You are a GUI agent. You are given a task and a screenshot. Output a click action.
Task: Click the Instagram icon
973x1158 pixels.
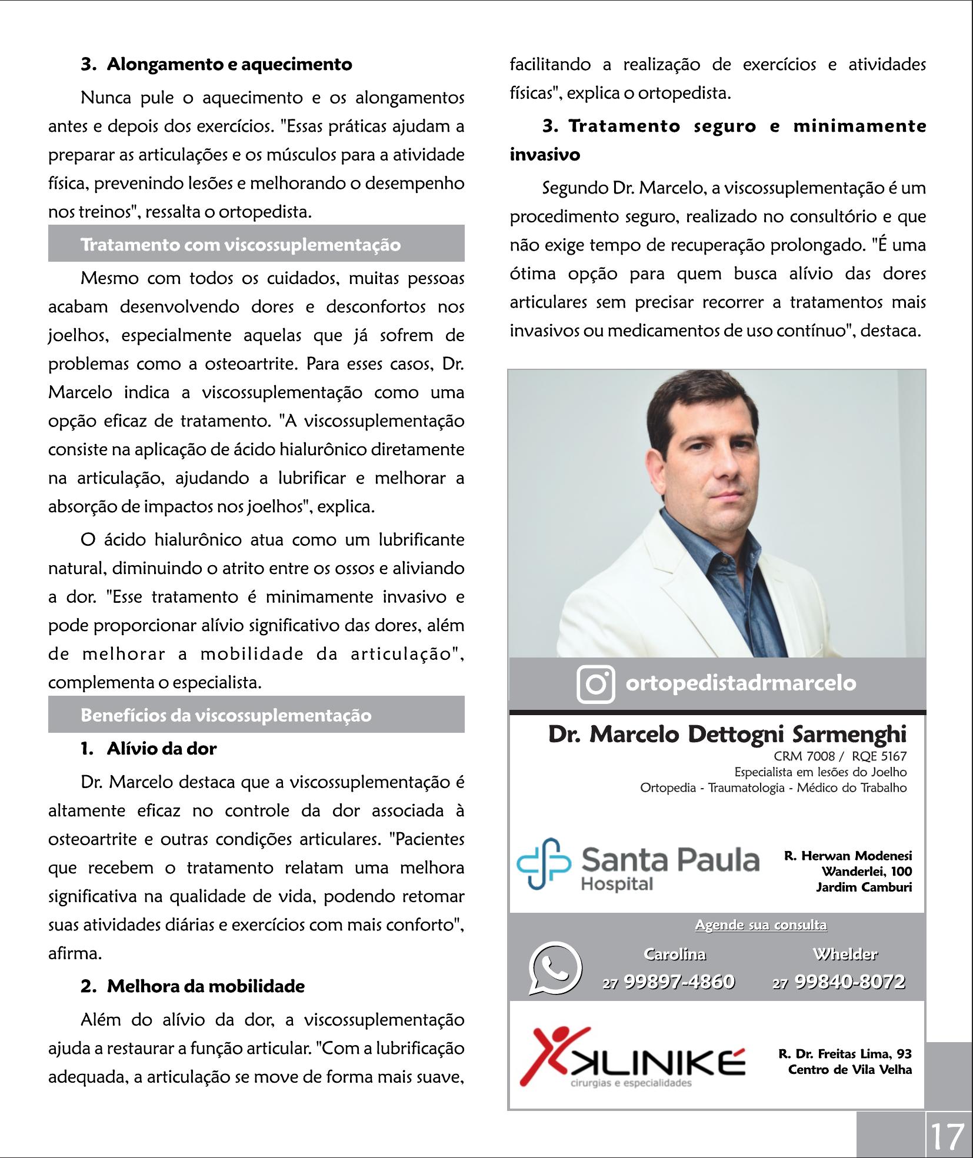(595, 684)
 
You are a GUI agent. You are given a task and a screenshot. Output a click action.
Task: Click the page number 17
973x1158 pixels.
(947, 1136)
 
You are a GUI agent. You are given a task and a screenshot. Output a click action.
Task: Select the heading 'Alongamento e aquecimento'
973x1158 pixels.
(229, 64)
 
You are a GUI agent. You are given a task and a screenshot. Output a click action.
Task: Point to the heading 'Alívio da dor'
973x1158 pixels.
(161, 749)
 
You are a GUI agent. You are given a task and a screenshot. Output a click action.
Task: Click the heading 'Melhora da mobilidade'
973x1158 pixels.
(205, 986)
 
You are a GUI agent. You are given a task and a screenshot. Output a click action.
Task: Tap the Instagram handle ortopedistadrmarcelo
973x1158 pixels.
(741, 683)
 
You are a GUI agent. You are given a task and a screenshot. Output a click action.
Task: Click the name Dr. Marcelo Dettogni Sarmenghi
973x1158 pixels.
(727, 735)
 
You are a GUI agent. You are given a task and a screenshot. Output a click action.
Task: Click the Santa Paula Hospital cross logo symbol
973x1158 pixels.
(543, 863)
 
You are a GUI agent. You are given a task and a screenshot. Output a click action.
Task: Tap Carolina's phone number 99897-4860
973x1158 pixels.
(679, 982)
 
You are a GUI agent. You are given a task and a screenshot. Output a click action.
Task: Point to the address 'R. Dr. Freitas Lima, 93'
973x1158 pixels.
(845, 1054)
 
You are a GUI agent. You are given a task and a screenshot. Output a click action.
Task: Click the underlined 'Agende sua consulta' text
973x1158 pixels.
(761, 925)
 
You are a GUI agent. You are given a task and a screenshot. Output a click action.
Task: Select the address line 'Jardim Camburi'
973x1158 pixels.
(864, 887)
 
